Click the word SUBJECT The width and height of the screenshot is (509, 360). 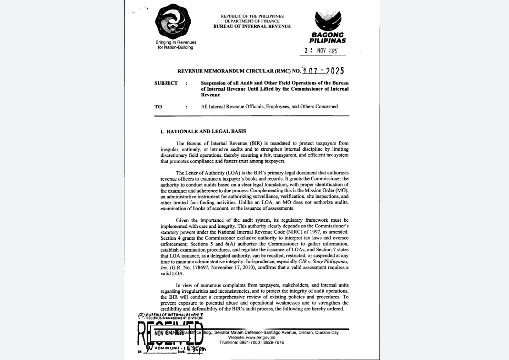coord(166,83)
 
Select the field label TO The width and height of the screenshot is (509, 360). coord(158,106)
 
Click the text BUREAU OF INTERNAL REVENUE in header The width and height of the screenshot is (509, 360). coord(252,26)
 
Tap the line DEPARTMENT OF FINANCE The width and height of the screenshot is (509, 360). coord(252,21)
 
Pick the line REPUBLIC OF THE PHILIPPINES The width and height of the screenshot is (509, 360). coord(252,16)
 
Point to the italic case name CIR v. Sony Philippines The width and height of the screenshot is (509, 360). coord(319,262)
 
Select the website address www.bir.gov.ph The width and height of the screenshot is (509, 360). coord(259,338)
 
